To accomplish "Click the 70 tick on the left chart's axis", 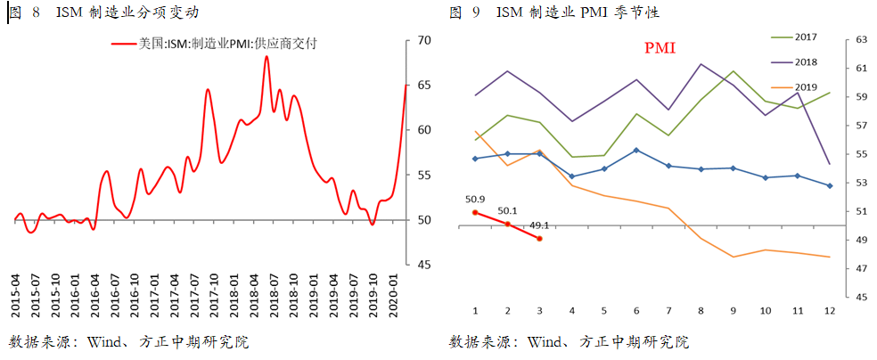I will (x=424, y=41).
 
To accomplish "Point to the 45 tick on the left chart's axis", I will (x=424, y=265).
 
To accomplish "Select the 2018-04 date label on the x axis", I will (x=255, y=298).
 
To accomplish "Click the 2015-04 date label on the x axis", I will (x=17, y=298).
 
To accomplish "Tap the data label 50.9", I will (x=475, y=199).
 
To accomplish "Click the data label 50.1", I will (x=506, y=210).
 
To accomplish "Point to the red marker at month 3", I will (x=539, y=238).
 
